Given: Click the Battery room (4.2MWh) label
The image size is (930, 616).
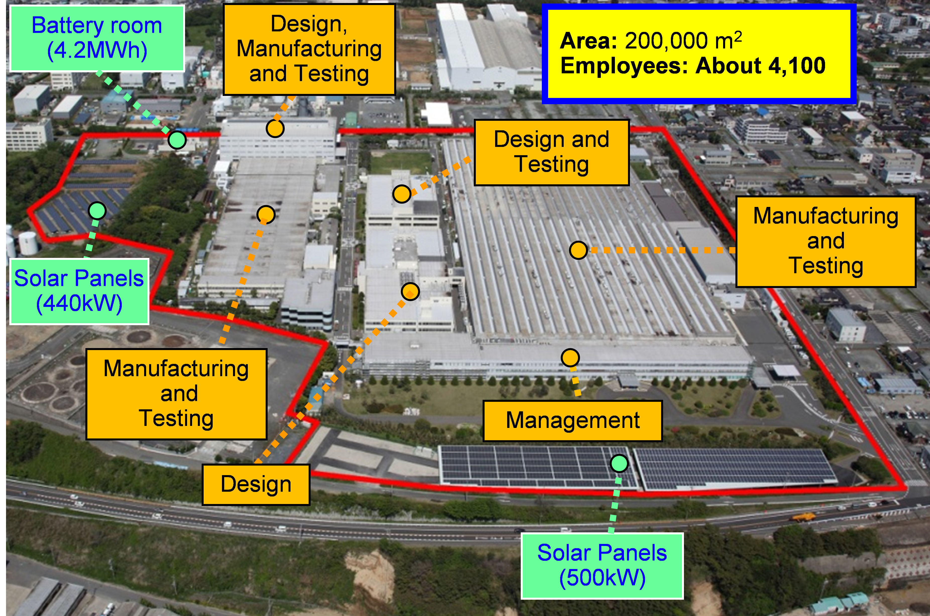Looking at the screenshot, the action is point(97,38).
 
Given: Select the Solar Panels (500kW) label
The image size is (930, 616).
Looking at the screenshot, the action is point(602,566).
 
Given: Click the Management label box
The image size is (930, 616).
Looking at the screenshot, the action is point(573,421).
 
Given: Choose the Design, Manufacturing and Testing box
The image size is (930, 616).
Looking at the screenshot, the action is point(309,49).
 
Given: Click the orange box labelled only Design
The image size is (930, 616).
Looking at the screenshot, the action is point(256,484).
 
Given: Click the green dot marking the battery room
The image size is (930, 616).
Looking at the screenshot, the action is point(177,139).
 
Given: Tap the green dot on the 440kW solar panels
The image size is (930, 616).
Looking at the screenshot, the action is point(97,211).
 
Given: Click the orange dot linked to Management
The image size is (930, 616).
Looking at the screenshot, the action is point(570,358).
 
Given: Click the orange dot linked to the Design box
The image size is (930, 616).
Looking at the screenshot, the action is point(411,292).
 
